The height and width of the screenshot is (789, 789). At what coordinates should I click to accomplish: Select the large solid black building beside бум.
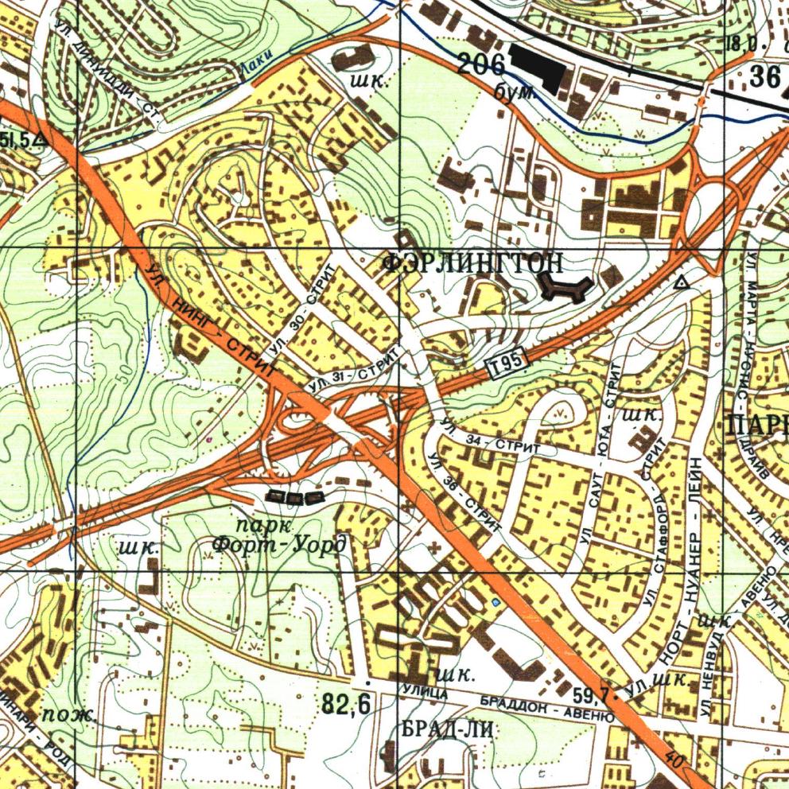(x=538, y=68)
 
